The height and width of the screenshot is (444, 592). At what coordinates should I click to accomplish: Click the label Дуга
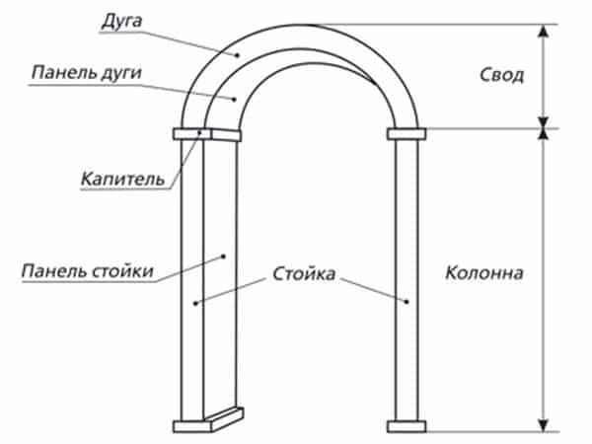pos(121,22)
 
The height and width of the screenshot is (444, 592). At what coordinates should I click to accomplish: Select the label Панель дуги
pos(87,72)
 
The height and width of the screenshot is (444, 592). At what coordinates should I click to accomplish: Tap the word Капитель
pos(123,179)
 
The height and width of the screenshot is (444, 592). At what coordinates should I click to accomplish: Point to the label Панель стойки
pos(88,271)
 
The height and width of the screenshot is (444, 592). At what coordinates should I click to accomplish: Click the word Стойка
pos(304,273)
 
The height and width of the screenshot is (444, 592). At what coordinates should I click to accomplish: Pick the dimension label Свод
pos(502,75)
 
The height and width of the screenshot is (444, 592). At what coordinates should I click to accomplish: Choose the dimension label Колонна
pos(484,272)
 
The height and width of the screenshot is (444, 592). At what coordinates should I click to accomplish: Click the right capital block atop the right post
pos(407,134)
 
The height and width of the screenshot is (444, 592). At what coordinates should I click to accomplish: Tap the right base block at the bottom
pos(407,426)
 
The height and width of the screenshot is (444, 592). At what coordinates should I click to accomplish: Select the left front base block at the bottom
pos(192,426)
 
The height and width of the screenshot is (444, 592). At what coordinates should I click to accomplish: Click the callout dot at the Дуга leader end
pos(237,55)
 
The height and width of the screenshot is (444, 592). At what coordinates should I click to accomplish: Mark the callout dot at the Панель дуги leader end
pos(234,100)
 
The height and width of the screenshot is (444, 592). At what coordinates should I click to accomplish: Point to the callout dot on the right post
pos(407,302)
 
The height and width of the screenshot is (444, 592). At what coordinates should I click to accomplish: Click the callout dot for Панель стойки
pos(224,257)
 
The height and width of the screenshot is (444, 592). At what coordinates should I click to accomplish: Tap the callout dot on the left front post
pos(195,303)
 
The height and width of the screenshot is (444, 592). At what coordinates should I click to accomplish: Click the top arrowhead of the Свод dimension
pos(543,31)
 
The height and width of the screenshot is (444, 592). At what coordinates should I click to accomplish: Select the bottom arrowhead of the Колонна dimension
pos(543,425)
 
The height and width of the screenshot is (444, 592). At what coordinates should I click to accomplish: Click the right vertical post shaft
pos(407,280)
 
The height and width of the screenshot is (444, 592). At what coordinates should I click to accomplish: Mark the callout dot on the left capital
pos(199,132)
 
